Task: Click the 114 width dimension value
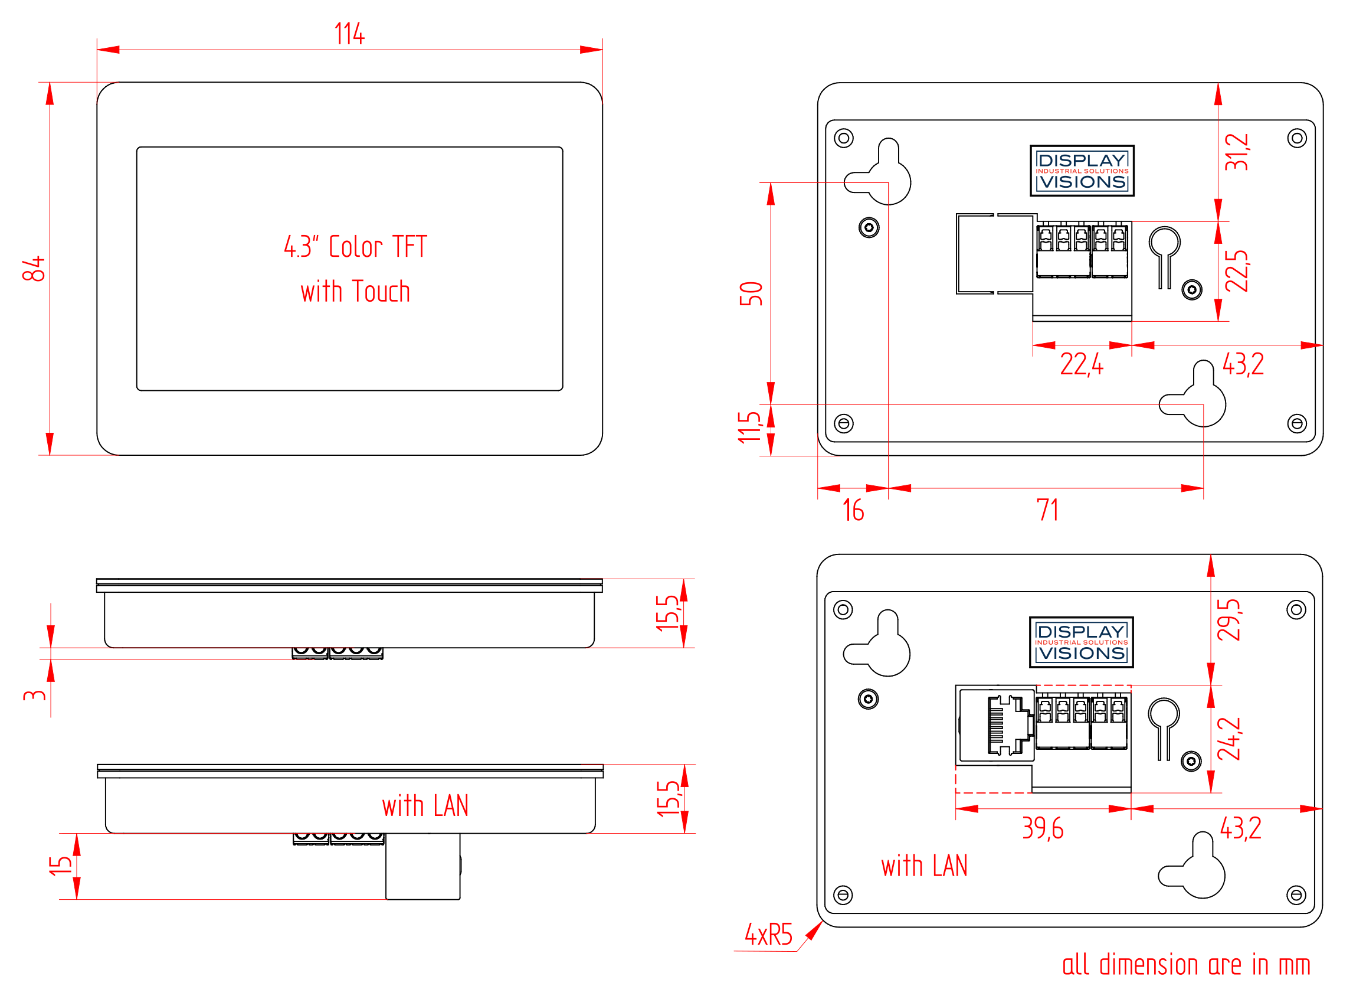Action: (x=350, y=34)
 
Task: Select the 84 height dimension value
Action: (x=34, y=269)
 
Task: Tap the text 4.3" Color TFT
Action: (x=356, y=247)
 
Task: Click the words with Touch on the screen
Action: (x=356, y=292)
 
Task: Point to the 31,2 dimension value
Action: (x=1236, y=152)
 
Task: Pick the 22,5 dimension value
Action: (x=1236, y=271)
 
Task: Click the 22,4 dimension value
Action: (x=1082, y=365)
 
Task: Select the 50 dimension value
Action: (x=751, y=295)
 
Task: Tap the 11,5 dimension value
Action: (x=750, y=427)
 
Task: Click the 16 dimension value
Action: (x=853, y=511)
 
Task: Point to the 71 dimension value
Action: (x=1048, y=511)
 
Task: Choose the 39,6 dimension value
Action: (x=1043, y=829)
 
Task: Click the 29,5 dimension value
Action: (x=1229, y=621)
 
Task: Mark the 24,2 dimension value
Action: (x=1229, y=740)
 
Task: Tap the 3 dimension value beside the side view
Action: (x=34, y=696)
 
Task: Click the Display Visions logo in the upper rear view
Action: (x=1082, y=171)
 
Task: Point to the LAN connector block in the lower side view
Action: (x=423, y=867)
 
